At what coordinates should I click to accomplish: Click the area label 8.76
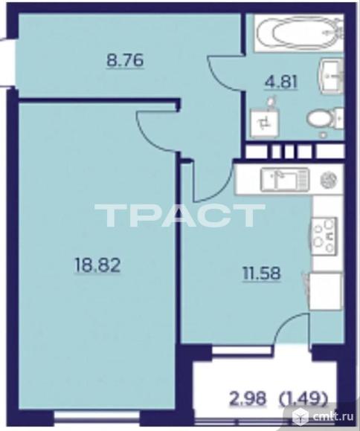click(125, 60)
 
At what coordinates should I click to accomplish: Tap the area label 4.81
click(281, 82)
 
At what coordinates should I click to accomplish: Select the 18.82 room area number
click(97, 266)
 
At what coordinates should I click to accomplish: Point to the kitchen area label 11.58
click(262, 273)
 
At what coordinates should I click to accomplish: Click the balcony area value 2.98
click(248, 398)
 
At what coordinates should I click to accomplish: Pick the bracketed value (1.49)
click(303, 398)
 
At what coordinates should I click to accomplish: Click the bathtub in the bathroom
click(299, 33)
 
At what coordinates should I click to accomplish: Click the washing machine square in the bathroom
click(266, 123)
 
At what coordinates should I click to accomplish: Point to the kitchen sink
click(285, 179)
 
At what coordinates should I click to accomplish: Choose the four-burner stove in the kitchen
click(324, 236)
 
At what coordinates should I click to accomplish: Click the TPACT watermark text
click(179, 215)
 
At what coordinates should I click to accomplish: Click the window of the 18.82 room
click(97, 415)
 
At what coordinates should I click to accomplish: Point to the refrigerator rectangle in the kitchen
click(326, 291)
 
